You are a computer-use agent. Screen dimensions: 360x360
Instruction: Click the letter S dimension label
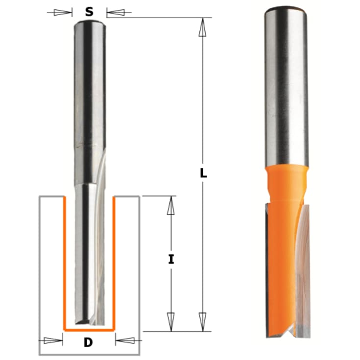pos(89,12)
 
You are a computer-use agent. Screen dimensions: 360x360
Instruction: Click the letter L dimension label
pos(203,173)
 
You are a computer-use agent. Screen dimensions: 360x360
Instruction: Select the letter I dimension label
pos(171,260)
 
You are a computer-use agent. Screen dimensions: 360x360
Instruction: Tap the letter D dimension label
pos(88,342)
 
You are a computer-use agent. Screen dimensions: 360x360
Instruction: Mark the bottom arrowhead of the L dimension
pos(201,320)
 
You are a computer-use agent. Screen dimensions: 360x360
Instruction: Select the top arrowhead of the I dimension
pos(170,207)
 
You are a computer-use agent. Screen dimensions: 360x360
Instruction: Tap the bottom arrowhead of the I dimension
pos(170,320)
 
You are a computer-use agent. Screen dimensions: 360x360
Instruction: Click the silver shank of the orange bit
pos(287,88)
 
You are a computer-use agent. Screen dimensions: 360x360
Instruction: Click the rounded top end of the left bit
pos(89,24)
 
